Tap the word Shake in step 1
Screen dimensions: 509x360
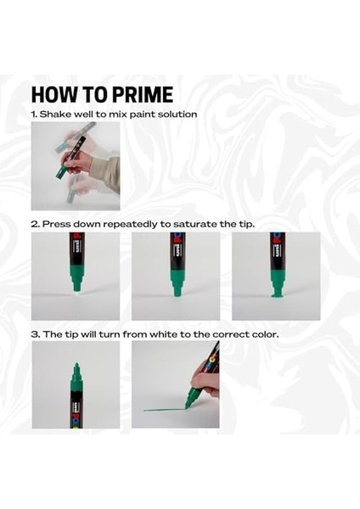57,114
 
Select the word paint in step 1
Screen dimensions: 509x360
143,114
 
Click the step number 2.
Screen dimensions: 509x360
35,224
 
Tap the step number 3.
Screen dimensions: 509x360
35,334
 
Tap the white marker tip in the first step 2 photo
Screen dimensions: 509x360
76,289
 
